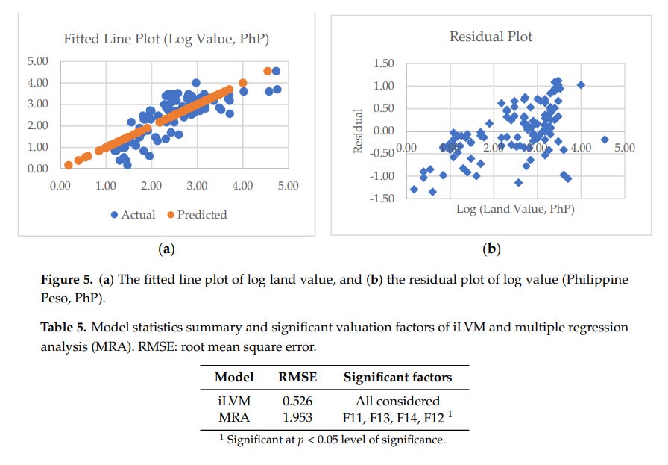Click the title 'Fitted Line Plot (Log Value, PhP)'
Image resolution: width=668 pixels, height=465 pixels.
[x=166, y=39]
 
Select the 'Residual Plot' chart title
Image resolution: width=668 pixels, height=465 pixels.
[x=491, y=36]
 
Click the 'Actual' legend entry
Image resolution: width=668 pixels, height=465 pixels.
[x=133, y=214]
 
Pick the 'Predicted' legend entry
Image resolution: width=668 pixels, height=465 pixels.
[x=196, y=214]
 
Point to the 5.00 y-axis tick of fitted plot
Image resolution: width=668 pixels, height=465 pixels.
[x=37, y=61]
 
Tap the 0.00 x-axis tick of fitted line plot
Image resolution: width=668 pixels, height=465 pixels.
[x=60, y=185]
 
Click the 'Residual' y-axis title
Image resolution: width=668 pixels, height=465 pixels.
[x=358, y=131]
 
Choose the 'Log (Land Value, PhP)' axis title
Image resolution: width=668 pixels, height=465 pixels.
[x=515, y=209]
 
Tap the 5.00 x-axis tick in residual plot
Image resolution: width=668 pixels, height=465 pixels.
[x=624, y=148]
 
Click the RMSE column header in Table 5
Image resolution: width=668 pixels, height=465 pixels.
[x=297, y=378]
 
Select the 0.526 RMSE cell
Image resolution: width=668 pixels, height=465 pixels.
[x=297, y=401]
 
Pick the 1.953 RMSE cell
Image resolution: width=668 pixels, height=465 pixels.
[x=297, y=416]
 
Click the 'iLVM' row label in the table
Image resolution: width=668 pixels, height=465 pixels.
[x=234, y=401]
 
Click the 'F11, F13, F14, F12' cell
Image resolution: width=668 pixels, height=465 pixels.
[x=395, y=416]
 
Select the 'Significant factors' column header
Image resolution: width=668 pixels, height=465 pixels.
[x=397, y=378]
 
